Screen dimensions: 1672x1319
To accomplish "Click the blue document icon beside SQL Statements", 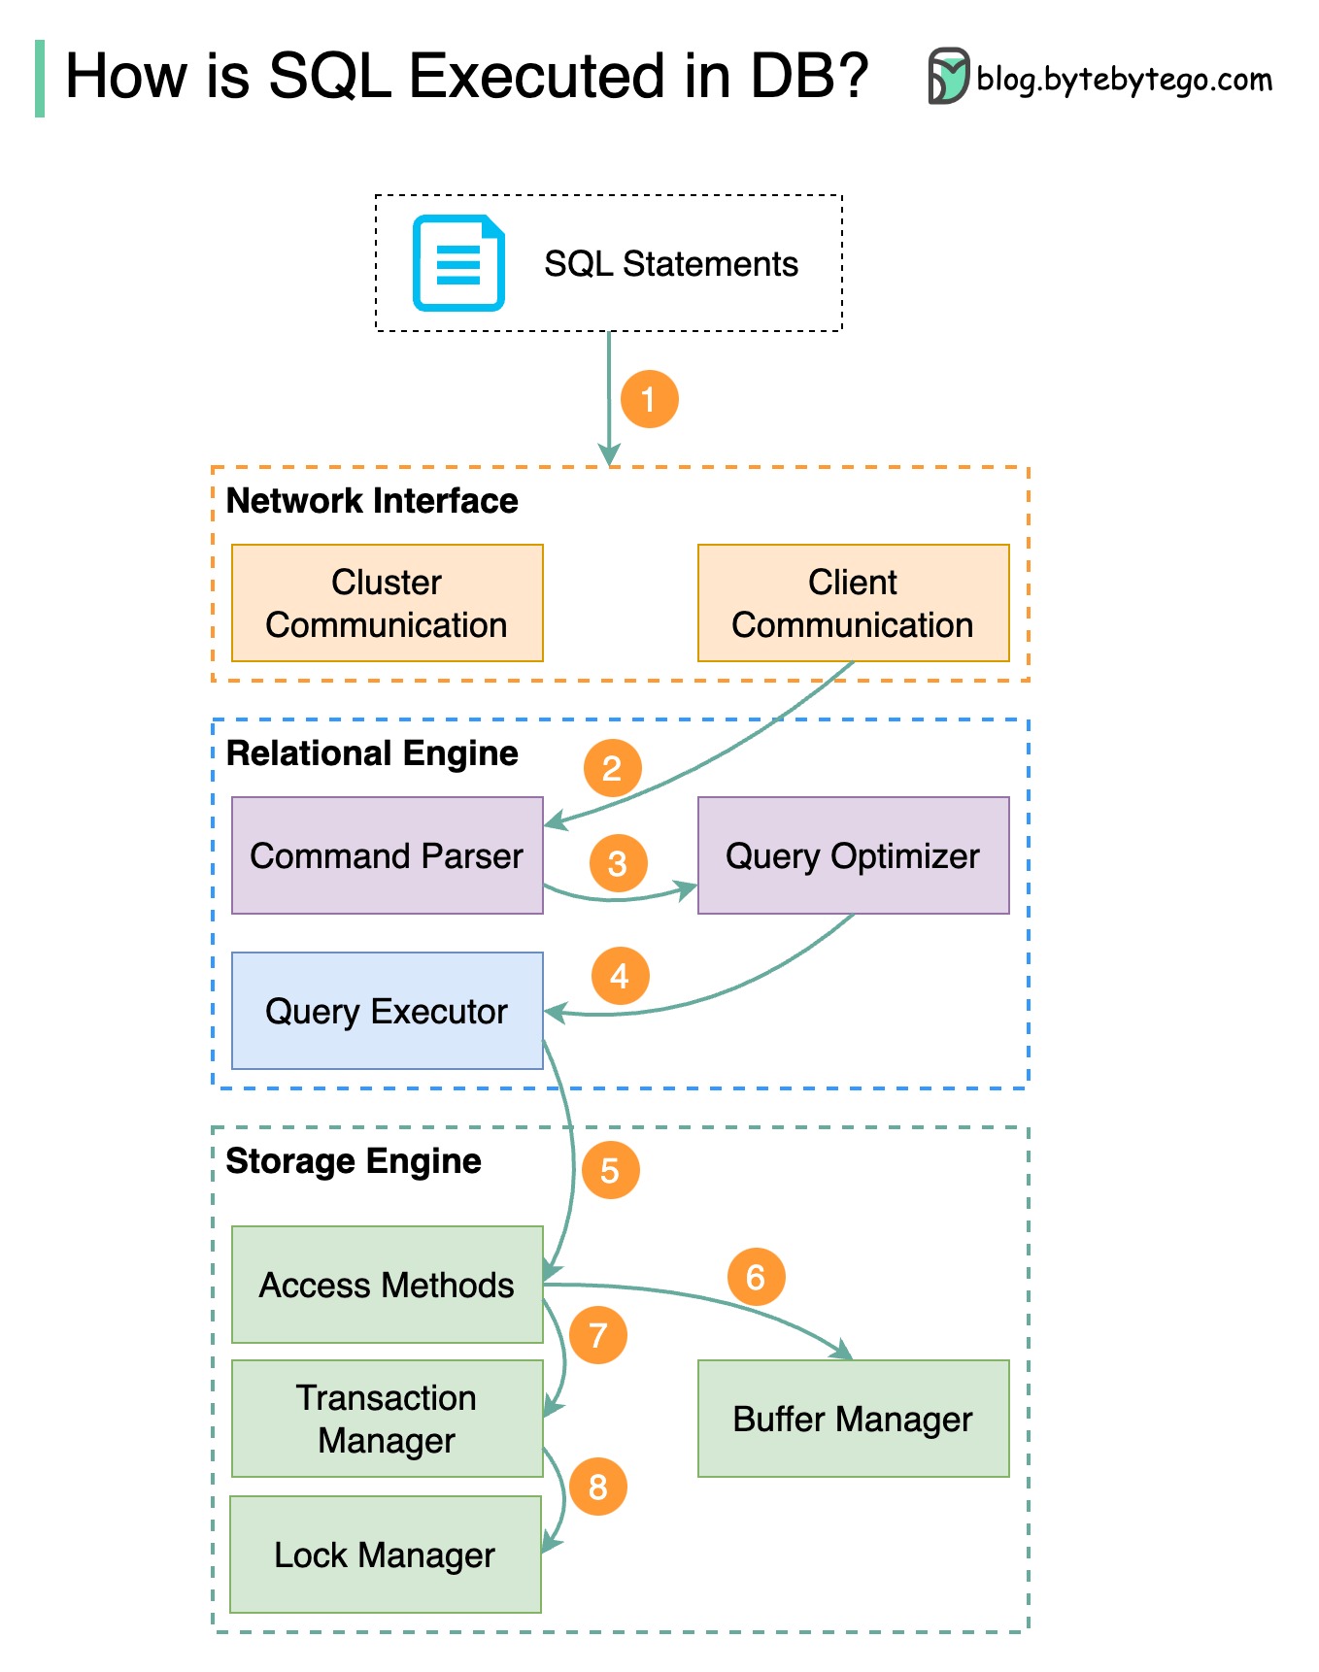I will click(458, 263).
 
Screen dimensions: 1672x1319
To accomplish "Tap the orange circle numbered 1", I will click(649, 399).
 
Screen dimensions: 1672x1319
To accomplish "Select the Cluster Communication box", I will click(387, 603).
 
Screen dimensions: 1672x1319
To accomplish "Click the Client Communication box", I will click(853, 603).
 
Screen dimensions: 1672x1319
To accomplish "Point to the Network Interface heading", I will click(372, 501).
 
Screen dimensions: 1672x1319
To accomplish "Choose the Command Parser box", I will click(387, 855).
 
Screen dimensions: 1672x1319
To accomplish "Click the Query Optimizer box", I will click(853, 855).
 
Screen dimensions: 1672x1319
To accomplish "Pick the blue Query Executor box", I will click(387, 1011).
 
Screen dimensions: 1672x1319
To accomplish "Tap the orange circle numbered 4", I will click(620, 976).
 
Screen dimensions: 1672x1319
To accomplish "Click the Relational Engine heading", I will click(372, 753).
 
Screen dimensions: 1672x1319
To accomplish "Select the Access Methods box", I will click(387, 1285).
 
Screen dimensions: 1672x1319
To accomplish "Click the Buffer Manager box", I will click(853, 1419).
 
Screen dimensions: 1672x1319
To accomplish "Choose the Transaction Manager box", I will click(387, 1419).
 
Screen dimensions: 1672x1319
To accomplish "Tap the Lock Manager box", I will click(385, 1555).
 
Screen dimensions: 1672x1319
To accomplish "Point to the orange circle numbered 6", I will click(756, 1277).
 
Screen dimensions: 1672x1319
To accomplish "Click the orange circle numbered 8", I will click(597, 1487).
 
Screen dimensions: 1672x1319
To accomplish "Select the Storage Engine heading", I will click(354, 1161).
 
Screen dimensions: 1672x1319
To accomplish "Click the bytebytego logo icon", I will click(948, 76).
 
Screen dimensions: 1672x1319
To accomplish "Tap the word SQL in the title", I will click(330, 76).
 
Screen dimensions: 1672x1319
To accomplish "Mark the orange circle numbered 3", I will click(617, 863).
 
